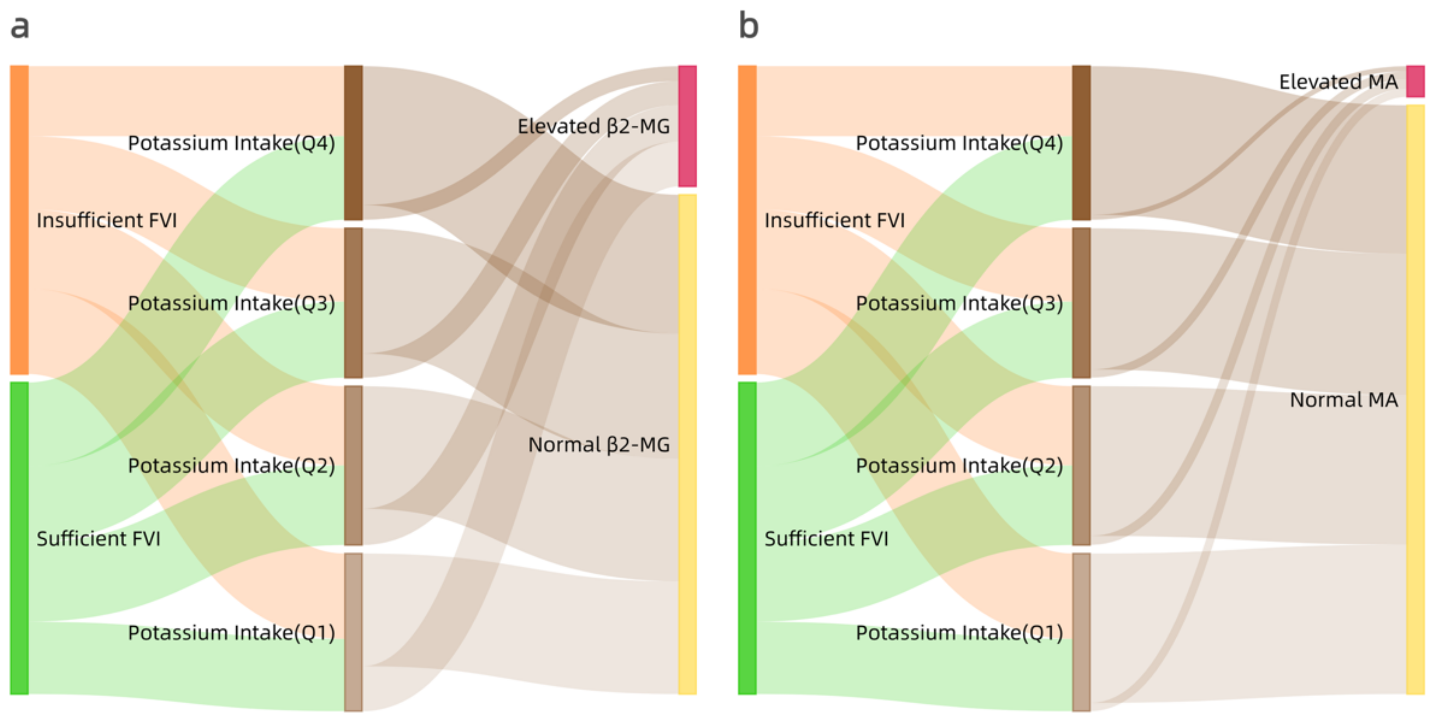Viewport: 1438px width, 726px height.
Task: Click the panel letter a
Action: [x=20, y=27]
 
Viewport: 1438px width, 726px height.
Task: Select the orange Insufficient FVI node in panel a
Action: [x=19, y=219]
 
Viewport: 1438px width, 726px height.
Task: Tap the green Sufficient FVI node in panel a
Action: [x=19, y=538]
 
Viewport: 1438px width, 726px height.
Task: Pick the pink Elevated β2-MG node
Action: [x=687, y=126]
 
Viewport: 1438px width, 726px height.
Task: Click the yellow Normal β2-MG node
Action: [x=687, y=444]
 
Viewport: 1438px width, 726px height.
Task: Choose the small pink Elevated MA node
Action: [x=1415, y=81]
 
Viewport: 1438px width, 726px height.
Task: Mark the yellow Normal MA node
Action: [x=1415, y=399]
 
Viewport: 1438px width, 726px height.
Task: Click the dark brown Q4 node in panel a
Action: [x=353, y=142]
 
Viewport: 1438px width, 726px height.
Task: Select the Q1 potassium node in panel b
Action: [x=1081, y=632]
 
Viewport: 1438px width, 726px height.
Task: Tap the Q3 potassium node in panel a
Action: [x=353, y=302]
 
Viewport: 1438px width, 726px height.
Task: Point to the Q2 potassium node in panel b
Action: [x=1081, y=465]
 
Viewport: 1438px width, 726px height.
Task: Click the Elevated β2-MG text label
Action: [x=593, y=126]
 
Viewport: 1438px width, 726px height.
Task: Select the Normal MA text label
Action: [x=1344, y=400]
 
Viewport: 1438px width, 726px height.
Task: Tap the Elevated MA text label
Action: [x=1338, y=82]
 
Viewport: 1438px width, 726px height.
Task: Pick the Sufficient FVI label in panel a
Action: [x=98, y=538]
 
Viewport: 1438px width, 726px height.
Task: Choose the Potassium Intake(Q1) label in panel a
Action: [x=231, y=633]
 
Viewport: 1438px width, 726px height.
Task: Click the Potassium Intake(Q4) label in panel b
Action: [x=959, y=143]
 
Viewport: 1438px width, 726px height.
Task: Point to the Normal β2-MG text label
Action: [x=599, y=445]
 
